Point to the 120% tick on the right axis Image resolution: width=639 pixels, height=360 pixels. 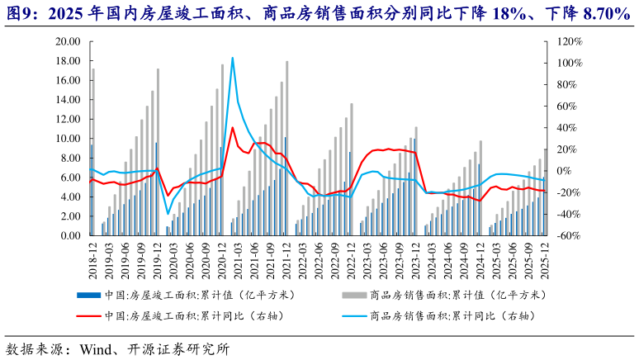click(570, 41)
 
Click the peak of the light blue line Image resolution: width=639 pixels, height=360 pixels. click(233, 58)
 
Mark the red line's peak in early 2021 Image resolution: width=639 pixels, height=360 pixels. click(233, 127)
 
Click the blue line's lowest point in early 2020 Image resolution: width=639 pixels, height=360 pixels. click(168, 214)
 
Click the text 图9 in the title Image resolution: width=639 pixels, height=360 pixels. click(17, 13)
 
